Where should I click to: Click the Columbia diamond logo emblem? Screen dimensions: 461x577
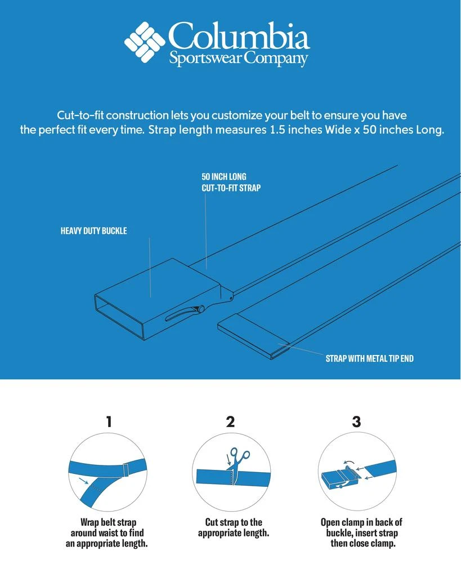coord(145,42)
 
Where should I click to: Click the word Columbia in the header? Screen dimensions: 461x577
coord(239,35)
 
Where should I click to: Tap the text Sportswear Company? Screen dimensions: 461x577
coord(238,59)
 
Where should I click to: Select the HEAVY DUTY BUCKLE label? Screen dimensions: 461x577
coord(94,230)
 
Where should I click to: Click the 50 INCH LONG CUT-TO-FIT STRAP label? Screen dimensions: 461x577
coord(231,182)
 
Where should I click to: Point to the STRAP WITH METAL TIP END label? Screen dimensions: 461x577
coord(369,358)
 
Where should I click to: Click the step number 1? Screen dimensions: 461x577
coord(109,421)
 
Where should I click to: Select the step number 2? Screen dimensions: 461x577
coord(230,421)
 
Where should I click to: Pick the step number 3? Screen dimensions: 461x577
coord(356,421)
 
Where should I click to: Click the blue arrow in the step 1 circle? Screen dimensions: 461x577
coord(83,481)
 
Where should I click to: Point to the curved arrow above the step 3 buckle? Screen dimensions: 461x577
coord(348,462)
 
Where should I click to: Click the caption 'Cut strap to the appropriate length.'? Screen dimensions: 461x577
coord(234,527)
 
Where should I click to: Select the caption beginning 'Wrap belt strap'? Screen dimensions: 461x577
coord(106,532)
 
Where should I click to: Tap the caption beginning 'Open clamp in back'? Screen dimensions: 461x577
coord(361,532)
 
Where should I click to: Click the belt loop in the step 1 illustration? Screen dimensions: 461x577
coord(126,471)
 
